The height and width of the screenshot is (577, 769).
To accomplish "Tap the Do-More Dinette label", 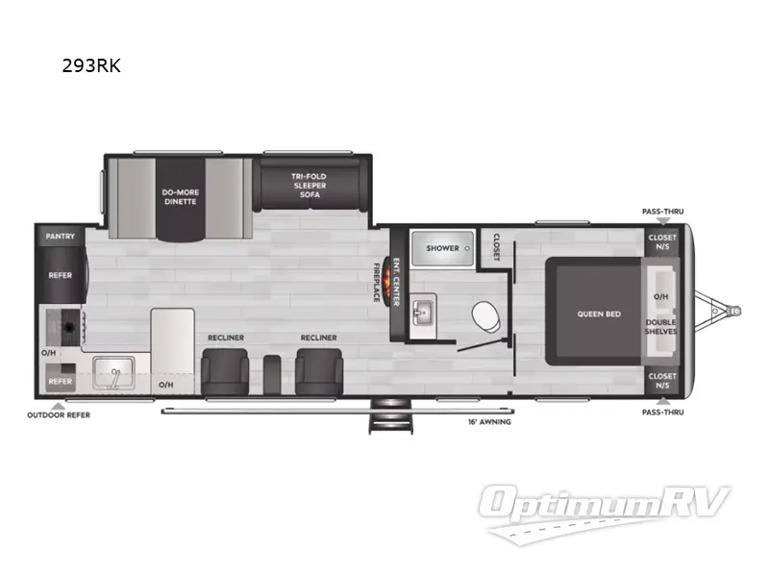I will [180, 197].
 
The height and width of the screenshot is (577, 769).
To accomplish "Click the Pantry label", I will [61, 236].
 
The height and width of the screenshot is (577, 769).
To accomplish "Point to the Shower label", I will [443, 248].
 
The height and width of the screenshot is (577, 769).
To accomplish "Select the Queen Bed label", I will [598, 314].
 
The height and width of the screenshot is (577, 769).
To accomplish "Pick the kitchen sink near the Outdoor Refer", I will [113, 373].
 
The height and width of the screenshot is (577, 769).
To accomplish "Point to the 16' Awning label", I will [490, 421].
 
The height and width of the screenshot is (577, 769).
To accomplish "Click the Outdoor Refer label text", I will [59, 416].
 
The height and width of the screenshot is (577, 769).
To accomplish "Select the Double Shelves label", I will [661, 327].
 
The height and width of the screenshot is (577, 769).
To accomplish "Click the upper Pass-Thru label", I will [662, 211].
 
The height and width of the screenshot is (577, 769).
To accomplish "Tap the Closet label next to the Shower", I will [497, 246].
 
